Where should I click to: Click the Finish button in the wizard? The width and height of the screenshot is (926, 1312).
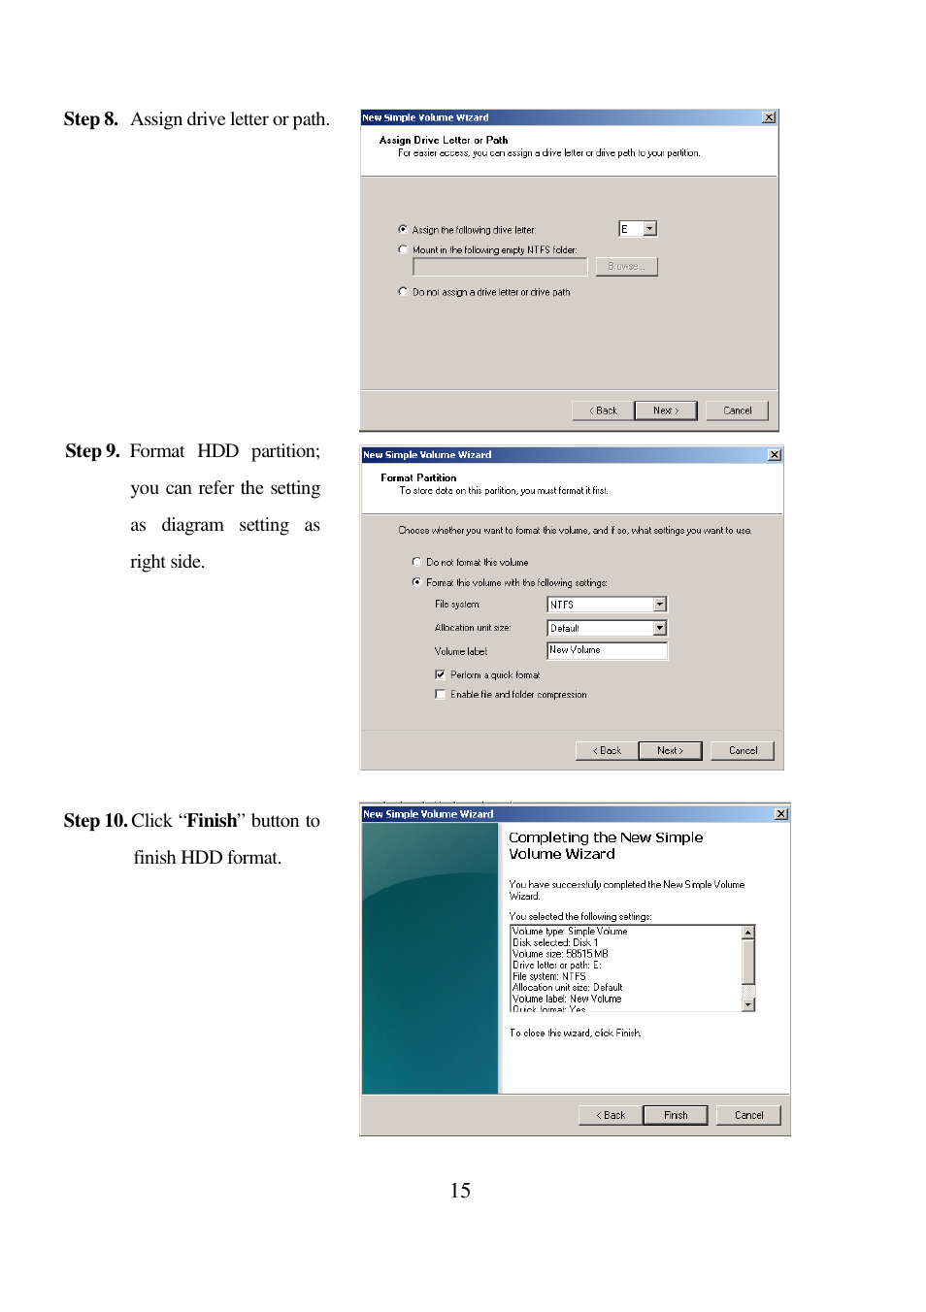pyautogui.click(x=675, y=1115)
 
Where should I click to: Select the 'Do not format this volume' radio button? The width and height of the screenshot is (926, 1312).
pyautogui.click(x=417, y=562)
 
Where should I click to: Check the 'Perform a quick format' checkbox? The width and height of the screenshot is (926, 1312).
pyautogui.click(x=441, y=674)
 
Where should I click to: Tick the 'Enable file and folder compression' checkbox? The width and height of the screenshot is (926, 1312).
pyautogui.click(x=441, y=694)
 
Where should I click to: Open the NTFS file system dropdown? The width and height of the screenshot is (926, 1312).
pyautogui.click(x=660, y=605)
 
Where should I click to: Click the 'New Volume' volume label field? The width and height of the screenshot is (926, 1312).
pyautogui.click(x=607, y=650)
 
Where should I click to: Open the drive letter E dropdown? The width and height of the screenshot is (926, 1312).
pyautogui.click(x=650, y=229)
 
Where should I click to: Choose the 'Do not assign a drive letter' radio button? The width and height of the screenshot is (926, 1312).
pyautogui.click(x=403, y=291)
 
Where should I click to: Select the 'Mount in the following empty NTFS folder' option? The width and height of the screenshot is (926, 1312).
pyautogui.click(x=403, y=249)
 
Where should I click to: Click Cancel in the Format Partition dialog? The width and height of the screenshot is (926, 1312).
pyautogui.click(x=743, y=750)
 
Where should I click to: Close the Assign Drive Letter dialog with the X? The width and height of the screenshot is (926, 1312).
pyautogui.click(x=769, y=117)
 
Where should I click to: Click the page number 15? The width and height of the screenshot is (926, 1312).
pyautogui.click(x=460, y=1190)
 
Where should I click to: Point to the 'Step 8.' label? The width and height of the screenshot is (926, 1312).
pyautogui.click(x=91, y=119)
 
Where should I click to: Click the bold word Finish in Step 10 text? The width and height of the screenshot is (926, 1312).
pyautogui.click(x=212, y=821)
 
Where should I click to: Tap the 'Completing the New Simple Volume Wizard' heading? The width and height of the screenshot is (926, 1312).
pyautogui.click(x=606, y=845)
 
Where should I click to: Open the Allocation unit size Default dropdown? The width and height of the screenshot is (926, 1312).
pyautogui.click(x=660, y=628)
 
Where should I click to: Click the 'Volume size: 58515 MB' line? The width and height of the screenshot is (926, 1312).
pyautogui.click(x=560, y=954)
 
